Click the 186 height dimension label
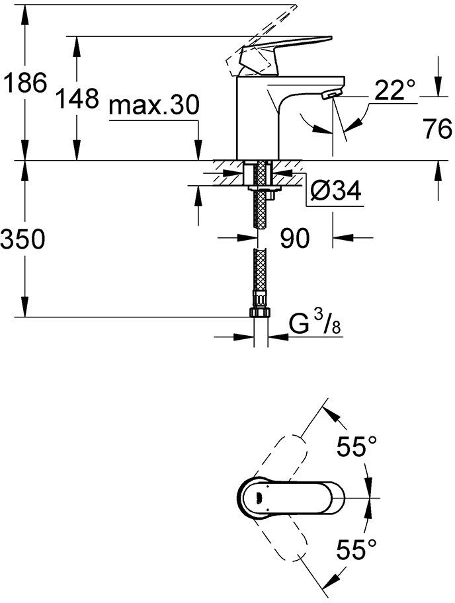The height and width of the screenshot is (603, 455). [x=24, y=83]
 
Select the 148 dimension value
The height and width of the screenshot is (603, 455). [x=77, y=100]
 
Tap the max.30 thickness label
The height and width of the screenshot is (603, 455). [x=153, y=105]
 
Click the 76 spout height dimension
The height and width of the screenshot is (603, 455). [x=437, y=130]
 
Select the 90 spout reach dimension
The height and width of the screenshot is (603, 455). [x=294, y=238]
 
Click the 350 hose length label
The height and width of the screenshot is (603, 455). [x=24, y=239]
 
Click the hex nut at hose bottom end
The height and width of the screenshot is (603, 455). [x=259, y=313]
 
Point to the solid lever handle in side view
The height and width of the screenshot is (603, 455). [x=291, y=53]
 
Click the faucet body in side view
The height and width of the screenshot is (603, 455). [x=258, y=119]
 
